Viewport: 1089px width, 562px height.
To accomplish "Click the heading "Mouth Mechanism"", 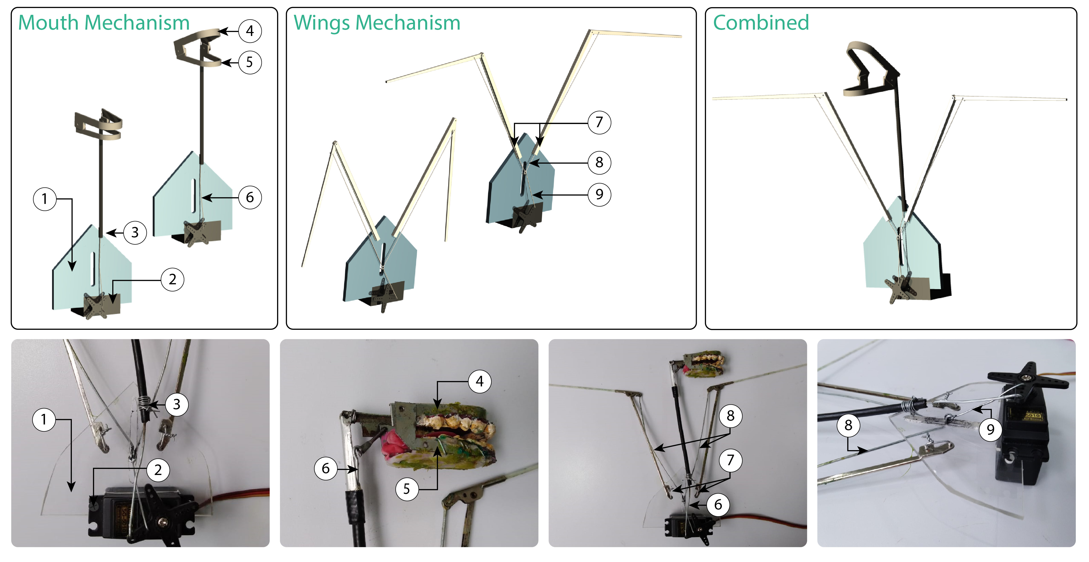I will tap(104, 22).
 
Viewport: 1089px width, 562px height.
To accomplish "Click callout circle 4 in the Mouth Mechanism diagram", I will tap(250, 31).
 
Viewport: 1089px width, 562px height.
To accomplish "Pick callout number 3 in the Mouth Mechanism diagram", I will tap(135, 232).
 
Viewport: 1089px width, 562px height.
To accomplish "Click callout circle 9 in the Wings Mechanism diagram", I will tap(599, 195).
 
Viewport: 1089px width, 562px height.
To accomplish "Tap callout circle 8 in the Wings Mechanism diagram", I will tap(599, 162).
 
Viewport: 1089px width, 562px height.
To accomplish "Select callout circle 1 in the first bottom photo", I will tap(44, 419).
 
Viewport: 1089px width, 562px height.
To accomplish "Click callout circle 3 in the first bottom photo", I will tap(176, 404).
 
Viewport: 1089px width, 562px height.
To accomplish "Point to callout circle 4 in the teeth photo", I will tap(479, 382).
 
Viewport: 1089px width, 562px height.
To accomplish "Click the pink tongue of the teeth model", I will tap(393, 444).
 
